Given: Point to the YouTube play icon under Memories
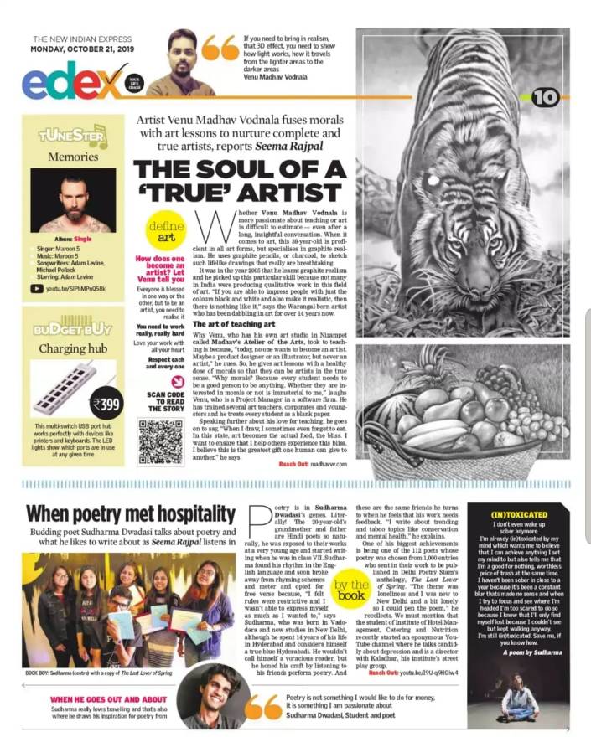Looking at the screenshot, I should pos(36,289).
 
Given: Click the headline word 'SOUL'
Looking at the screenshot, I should pos(250,170).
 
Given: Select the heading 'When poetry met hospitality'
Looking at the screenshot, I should pos(130,513).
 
